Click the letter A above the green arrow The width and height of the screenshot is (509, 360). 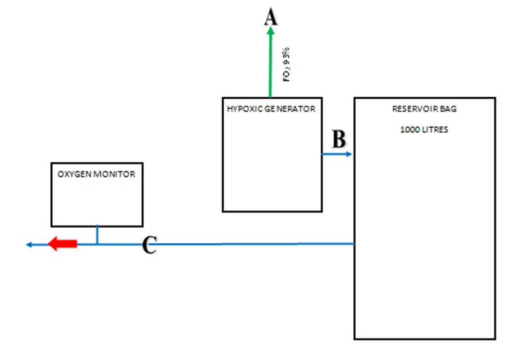tap(271, 17)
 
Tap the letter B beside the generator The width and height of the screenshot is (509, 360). tap(339, 139)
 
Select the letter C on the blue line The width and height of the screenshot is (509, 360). tap(149, 245)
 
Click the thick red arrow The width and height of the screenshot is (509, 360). tap(62, 243)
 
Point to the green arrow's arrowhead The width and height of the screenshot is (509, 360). tap(271, 30)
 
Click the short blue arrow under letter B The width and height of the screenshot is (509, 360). tap(336, 154)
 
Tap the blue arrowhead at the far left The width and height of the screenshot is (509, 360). tap(29, 245)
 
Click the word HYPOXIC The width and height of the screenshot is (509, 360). tap(244, 109)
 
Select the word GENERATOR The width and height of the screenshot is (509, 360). tap(289, 109)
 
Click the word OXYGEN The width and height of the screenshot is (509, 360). tap(74, 174)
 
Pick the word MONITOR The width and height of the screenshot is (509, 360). tap(114, 174)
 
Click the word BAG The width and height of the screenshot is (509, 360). tap(448, 109)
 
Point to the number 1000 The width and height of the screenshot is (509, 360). tap(410, 129)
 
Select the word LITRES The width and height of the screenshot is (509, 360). tap(435, 129)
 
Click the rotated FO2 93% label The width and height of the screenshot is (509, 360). tap(286, 64)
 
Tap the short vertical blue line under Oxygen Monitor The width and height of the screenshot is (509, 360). tap(97, 235)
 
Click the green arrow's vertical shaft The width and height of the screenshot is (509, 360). tap(270, 66)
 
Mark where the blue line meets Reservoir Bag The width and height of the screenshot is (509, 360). tap(354, 243)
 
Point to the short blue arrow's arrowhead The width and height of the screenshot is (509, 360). tap(349, 154)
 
